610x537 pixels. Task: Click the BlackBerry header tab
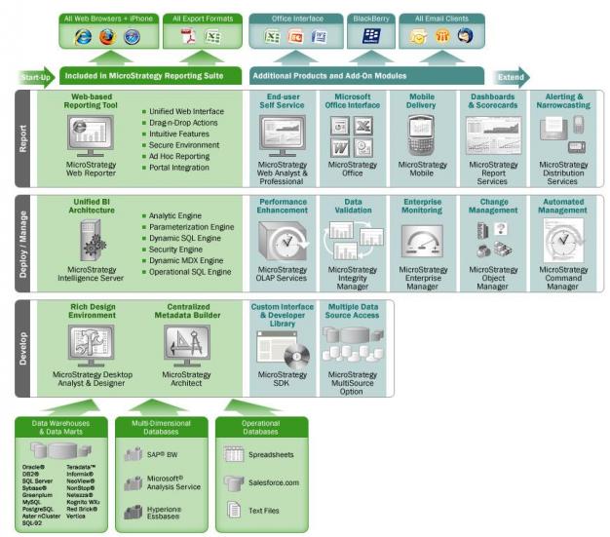370,19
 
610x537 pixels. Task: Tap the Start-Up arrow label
34,76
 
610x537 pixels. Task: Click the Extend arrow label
509,76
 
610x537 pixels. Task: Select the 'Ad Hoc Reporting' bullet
178,155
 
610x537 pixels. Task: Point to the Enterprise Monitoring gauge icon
422,241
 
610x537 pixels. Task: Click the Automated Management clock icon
562,241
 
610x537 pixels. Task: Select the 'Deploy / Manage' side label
24,244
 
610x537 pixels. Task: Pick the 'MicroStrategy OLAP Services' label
282,274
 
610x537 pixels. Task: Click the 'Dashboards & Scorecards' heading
492,101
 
